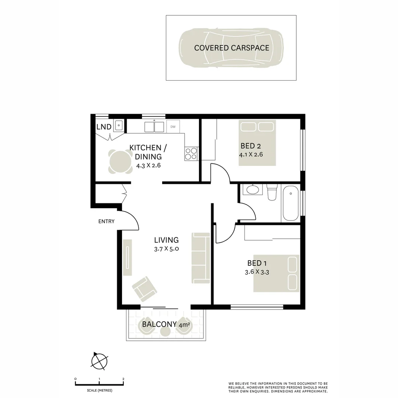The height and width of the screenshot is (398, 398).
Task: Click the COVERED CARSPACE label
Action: click(x=231, y=48)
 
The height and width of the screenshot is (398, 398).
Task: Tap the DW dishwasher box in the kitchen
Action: click(x=173, y=127)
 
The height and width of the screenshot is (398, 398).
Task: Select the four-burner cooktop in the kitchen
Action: click(x=191, y=153)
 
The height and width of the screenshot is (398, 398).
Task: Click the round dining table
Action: click(x=121, y=161)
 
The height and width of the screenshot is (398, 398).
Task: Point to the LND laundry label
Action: click(x=104, y=127)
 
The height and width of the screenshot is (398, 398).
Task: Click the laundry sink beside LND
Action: click(x=119, y=126)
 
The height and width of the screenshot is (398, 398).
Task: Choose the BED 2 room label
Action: click(x=251, y=145)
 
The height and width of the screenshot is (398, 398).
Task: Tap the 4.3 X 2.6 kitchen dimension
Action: click(x=148, y=165)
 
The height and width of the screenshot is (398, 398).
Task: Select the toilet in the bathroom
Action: click(x=272, y=193)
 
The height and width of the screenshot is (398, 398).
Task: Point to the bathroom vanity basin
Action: click(x=253, y=190)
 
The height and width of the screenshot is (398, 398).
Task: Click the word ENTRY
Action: click(x=107, y=221)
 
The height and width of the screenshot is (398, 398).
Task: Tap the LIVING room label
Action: click(x=167, y=240)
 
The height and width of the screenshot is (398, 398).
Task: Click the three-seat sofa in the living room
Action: click(x=200, y=258)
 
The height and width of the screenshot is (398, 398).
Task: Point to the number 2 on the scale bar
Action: click(x=123, y=379)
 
